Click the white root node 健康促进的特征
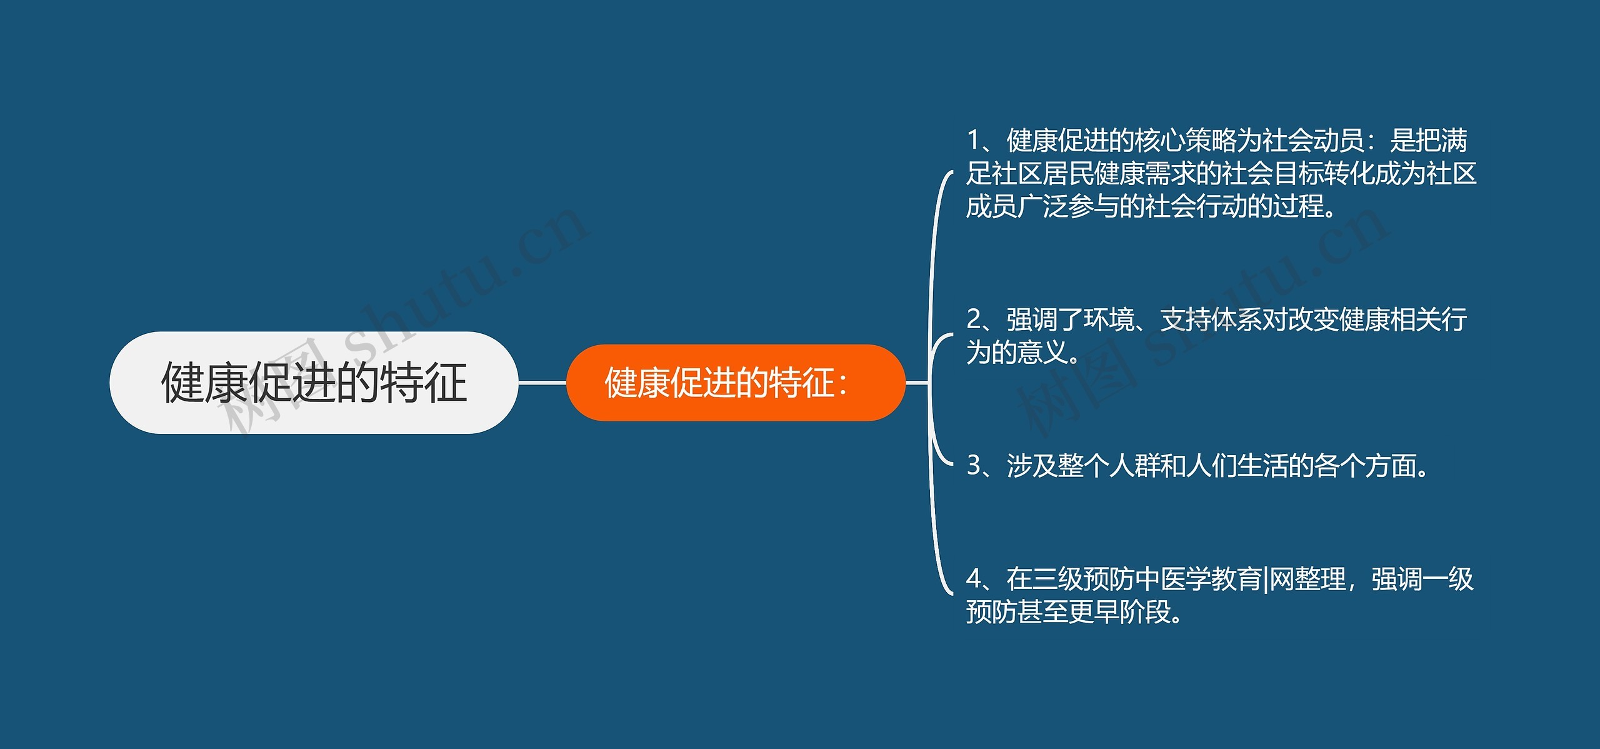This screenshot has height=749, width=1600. click(x=314, y=383)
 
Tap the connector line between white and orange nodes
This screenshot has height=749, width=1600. click(x=542, y=383)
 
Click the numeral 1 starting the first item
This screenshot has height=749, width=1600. click(x=973, y=141)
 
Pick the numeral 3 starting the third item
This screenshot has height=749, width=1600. click(x=974, y=466)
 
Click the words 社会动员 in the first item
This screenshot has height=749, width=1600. click(x=1313, y=141)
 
